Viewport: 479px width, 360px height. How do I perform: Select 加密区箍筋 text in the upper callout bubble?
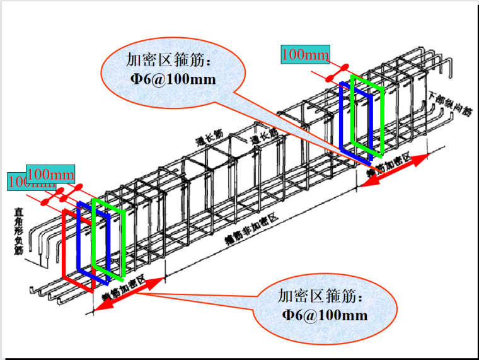click(x=173, y=61)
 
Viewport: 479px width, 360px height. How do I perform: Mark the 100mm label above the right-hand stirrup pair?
click(x=305, y=55)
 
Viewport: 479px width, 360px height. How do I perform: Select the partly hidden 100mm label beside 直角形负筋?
click(x=15, y=182)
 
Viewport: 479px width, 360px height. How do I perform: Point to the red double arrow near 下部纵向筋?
click(x=397, y=168)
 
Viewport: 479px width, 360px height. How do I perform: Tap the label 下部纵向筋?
click(x=450, y=105)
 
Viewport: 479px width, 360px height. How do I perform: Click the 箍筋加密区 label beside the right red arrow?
click(x=389, y=163)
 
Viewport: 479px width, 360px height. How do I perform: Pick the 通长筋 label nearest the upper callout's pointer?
click(x=260, y=139)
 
